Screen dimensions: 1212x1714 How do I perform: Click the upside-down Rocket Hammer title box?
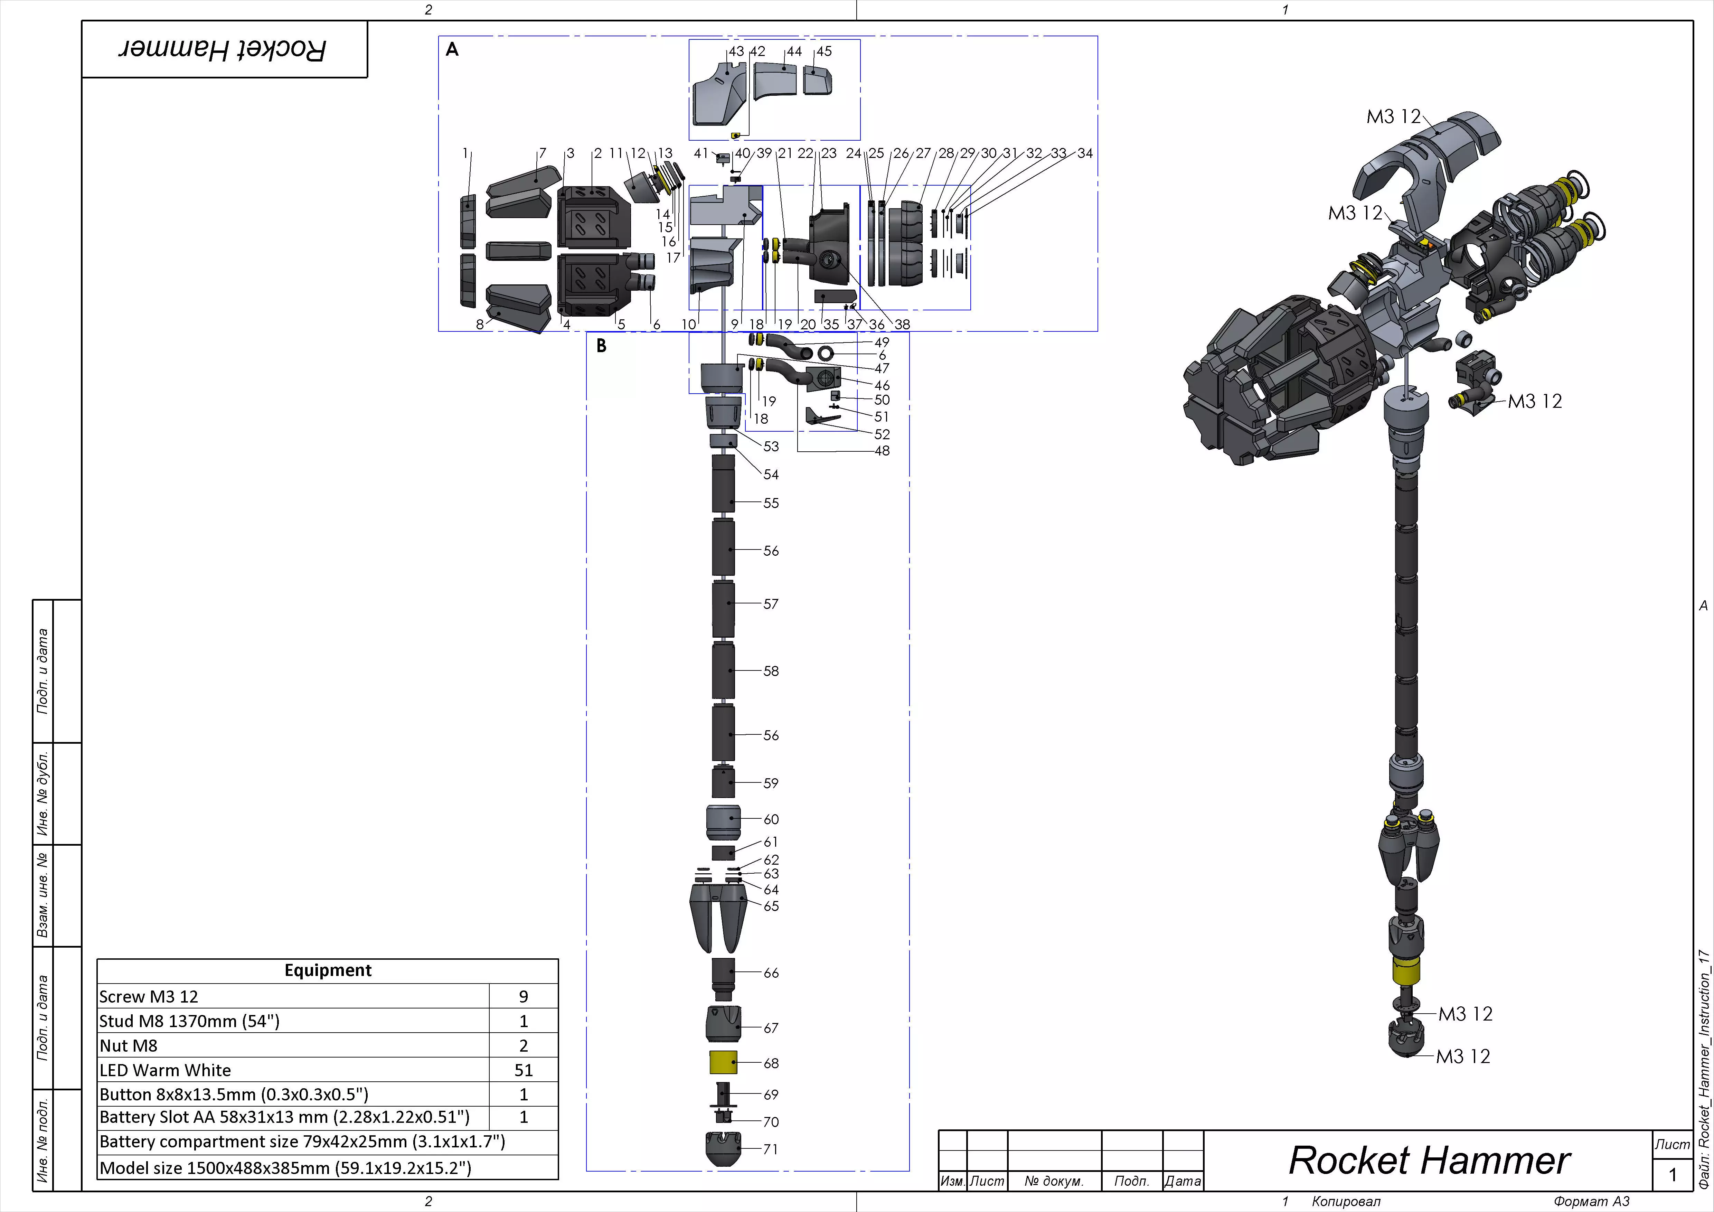[224, 49]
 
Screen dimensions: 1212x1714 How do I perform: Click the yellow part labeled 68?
[723, 1062]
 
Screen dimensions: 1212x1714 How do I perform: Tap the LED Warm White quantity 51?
[523, 1070]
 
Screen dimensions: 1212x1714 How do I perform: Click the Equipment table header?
[328, 970]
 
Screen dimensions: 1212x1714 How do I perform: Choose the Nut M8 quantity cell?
[523, 1045]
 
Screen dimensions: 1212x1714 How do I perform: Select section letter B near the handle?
[601, 346]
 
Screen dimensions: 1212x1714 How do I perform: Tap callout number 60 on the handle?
[771, 819]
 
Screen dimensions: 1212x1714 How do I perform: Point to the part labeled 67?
[723, 1024]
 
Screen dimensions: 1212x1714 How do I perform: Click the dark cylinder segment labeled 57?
[723, 609]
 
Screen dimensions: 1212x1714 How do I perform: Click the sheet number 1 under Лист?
[1672, 1175]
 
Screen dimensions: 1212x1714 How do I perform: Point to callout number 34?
[1085, 153]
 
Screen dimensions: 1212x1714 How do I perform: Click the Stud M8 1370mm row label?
[190, 1021]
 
